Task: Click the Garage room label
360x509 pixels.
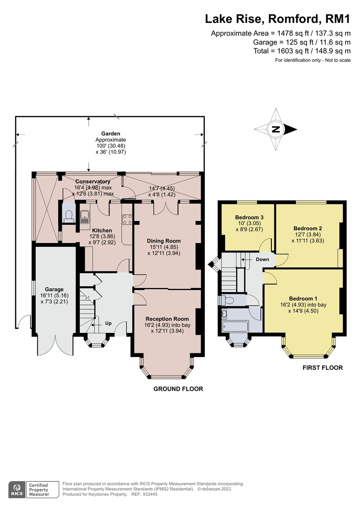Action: coord(54,289)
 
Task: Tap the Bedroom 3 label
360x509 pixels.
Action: coord(249,218)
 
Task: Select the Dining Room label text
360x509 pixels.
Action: coord(164,241)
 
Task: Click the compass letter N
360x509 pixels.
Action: coord(276,129)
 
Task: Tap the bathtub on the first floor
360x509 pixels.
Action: coord(234,327)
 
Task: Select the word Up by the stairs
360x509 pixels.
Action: coord(108,323)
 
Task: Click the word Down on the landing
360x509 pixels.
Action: coord(262,259)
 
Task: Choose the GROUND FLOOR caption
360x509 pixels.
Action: coord(178,389)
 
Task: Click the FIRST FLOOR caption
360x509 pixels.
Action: coord(322,368)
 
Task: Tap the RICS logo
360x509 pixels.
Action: coord(17,489)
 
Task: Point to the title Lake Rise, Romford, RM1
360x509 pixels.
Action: coord(278,19)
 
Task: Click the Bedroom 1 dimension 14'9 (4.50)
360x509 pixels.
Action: coord(308,310)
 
